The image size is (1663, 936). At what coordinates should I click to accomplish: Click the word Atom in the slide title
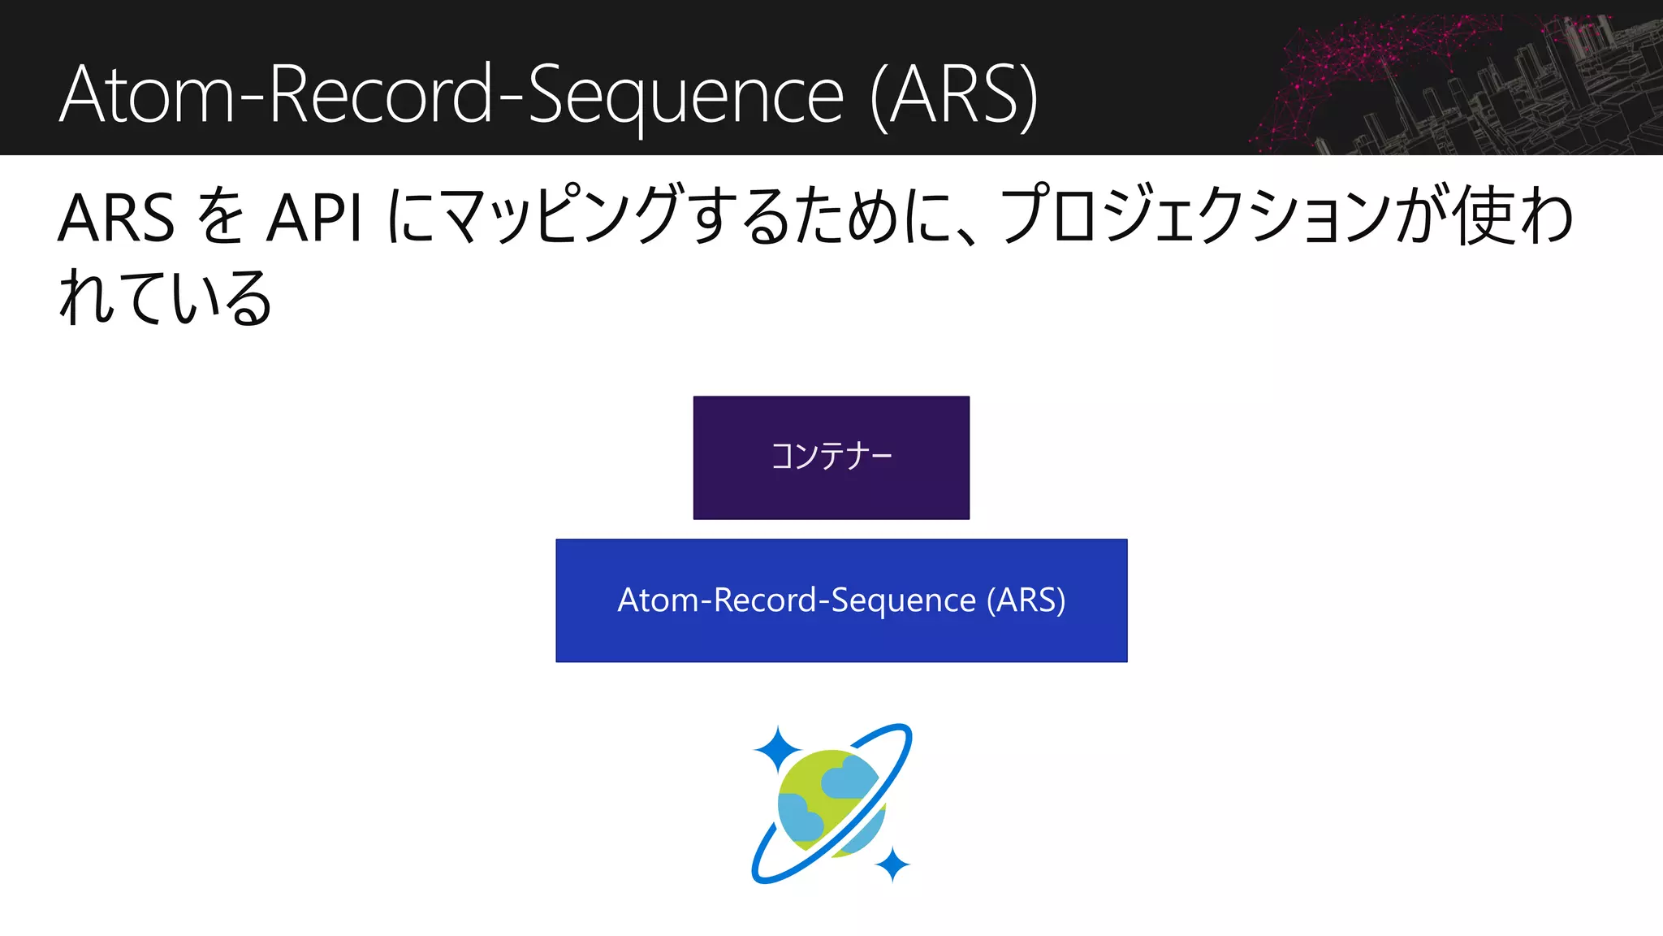click(x=146, y=96)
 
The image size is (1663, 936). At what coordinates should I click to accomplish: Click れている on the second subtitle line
click(x=166, y=298)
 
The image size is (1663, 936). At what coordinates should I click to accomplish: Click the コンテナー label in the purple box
click(x=831, y=457)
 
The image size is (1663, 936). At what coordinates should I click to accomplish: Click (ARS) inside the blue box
click(x=1026, y=600)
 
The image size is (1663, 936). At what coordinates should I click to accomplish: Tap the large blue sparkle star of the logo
click(x=777, y=748)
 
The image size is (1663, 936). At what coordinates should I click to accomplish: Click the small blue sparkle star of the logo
click(x=892, y=864)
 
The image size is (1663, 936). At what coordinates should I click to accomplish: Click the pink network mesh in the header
click(x=1364, y=57)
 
